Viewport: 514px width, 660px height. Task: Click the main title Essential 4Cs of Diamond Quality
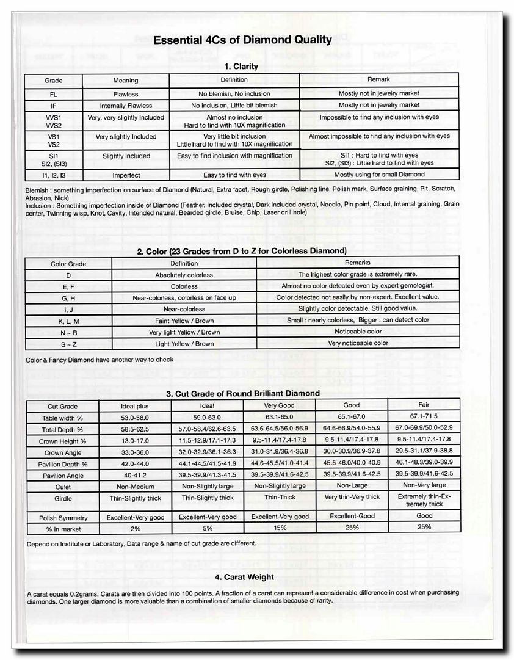pyautogui.click(x=242, y=40)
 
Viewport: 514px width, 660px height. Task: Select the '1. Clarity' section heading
pyautogui.click(x=241, y=66)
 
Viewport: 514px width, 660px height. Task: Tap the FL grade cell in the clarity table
pyautogui.click(x=53, y=94)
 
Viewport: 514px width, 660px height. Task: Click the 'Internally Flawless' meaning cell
pyautogui.click(x=126, y=106)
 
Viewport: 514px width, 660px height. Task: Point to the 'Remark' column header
pyautogui.click(x=378, y=79)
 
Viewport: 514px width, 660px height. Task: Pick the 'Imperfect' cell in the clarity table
pyautogui.click(x=126, y=175)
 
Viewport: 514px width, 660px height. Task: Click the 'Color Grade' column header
pyautogui.click(x=68, y=264)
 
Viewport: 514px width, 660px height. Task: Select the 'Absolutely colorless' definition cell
pyautogui.click(x=184, y=275)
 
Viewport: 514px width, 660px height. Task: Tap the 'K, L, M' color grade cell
pyautogui.click(x=68, y=321)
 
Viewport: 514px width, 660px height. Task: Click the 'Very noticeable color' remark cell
pyautogui.click(x=358, y=343)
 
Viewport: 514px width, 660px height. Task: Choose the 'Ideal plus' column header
pyautogui.click(x=135, y=406)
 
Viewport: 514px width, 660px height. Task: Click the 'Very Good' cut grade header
pyautogui.click(x=279, y=405)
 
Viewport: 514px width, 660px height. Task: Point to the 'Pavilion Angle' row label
pyautogui.click(x=62, y=476)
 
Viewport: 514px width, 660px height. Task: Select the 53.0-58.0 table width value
pyautogui.click(x=135, y=418)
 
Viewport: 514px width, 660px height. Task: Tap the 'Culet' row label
pyautogui.click(x=62, y=487)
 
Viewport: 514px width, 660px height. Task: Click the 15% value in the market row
pyautogui.click(x=279, y=528)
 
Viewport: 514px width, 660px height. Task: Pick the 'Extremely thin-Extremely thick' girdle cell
pyautogui.click(x=424, y=501)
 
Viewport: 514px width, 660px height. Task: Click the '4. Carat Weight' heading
pyautogui.click(x=244, y=577)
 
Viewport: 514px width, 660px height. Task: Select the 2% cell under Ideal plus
pyautogui.click(x=135, y=528)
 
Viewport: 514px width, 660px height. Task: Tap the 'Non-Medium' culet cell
pyautogui.click(x=135, y=487)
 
